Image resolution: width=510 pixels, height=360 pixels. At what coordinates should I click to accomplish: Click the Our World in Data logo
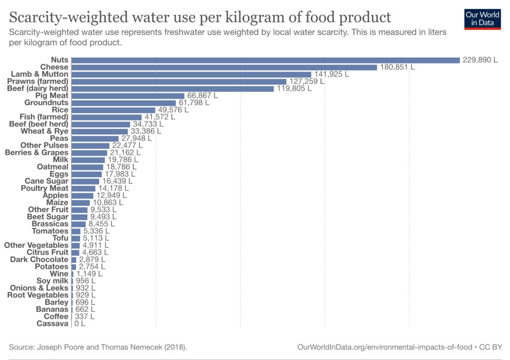(x=482, y=19)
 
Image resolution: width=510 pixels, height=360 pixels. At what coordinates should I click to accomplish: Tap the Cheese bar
(x=224, y=67)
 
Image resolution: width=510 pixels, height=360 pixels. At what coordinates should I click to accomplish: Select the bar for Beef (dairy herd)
(x=172, y=89)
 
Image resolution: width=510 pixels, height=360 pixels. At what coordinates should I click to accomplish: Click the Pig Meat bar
(x=128, y=96)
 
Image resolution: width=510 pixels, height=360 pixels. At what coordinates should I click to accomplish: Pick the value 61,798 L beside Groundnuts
(x=194, y=103)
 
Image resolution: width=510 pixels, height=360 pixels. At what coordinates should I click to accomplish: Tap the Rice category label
(x=60, y=110)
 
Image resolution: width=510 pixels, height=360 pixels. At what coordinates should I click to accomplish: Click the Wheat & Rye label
(x=44, y=131)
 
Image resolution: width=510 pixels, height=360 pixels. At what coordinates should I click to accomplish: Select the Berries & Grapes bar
(x=89, y=152)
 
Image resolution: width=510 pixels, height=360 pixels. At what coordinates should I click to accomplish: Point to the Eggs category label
(x=59, y=174)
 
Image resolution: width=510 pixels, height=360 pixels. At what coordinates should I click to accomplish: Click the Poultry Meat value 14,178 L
(x=113, y=188)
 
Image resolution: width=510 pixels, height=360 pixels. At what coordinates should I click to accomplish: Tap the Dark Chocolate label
(x=39, y=259)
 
